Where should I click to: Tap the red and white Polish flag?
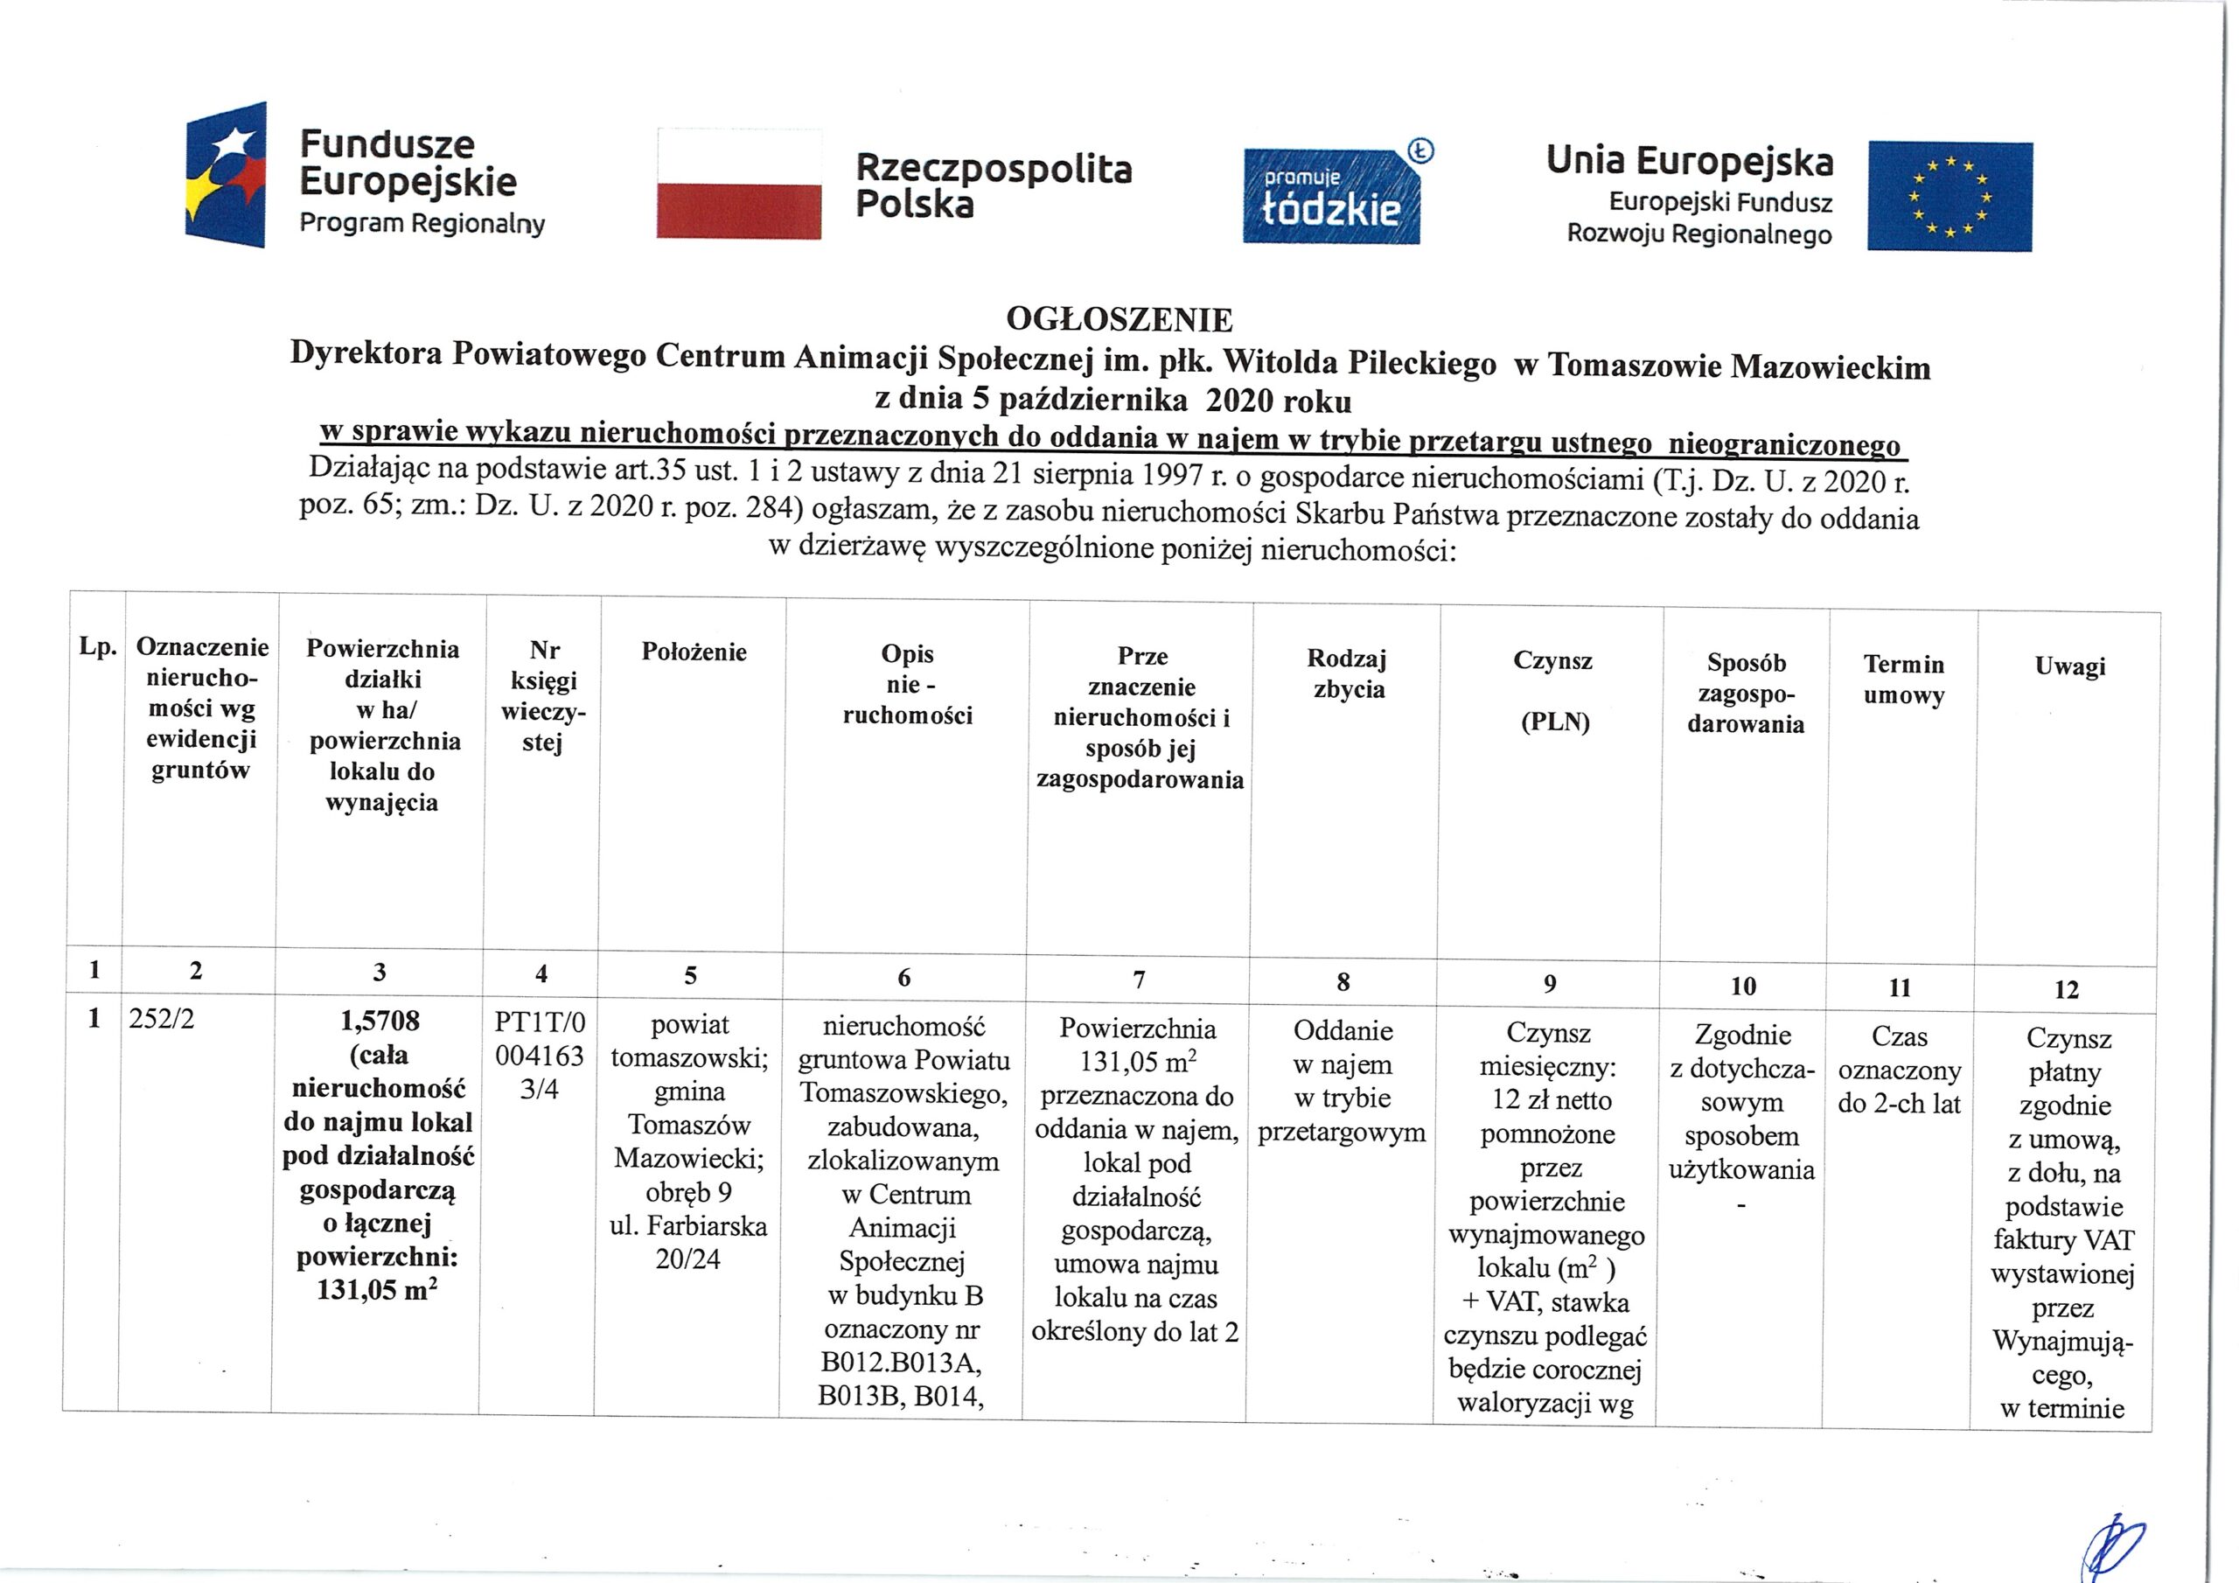coord(738,184)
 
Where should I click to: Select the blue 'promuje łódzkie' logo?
coord(1331,196)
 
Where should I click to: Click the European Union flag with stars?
coord(1950,196)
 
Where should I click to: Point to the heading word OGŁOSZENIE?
coord(1119,319)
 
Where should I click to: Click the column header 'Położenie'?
coord(694,652)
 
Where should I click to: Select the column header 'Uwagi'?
coord(2069,666)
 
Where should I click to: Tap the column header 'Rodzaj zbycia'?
coord(1347,673)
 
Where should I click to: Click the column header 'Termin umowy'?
coord(1903,679)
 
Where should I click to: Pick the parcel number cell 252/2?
coord(162,1018)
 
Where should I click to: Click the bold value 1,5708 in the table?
coord(380,1021)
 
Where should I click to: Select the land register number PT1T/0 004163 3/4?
coord(540,1056)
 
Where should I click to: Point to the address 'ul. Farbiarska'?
coord(688,1225)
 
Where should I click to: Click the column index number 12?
coord(2067,990)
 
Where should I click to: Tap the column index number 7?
coord(1138,980)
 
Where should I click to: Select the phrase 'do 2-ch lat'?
coord(1899,1103)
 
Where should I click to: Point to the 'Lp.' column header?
coord(97,645)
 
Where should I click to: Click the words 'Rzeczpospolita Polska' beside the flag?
coord(993,185)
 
